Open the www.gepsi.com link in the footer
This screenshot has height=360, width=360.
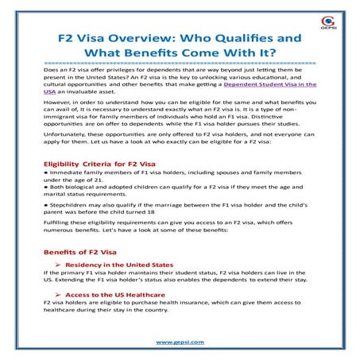tap(180, 341)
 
